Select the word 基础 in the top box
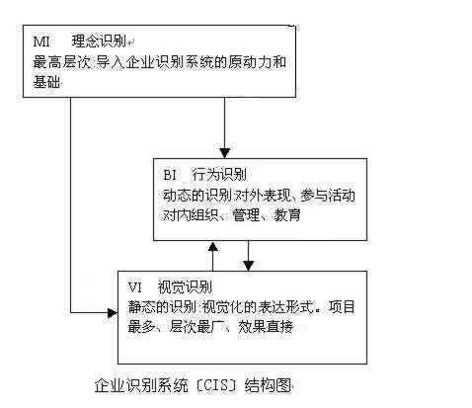coord(45,83)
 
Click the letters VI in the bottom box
coord(136,287)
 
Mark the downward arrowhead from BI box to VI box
coord(249,264)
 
